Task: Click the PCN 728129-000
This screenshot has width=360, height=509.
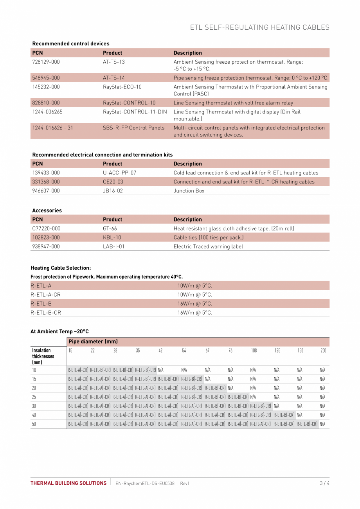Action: click(x=46, y=62)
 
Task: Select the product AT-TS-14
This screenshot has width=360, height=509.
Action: click(x=114, y=78)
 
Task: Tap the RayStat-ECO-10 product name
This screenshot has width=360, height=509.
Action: click(x=122, y=87)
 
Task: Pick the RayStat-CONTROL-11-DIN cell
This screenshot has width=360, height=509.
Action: click(x=135, y=112)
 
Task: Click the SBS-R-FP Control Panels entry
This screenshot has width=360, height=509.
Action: click(x=133, y=128)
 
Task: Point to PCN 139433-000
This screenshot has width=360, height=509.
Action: click(x=46, y=173)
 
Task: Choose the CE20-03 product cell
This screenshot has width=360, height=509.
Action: click(x=113, y=182)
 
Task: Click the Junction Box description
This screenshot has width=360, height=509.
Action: click(x=189, y=191)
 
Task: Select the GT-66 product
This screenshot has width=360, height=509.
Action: click(x=110, y=228)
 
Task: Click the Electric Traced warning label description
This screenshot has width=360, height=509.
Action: click(x=208, y=246)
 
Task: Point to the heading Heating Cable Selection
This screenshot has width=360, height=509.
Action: click(x=61, y=268)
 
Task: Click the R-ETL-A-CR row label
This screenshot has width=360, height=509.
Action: click(x=45, y=295)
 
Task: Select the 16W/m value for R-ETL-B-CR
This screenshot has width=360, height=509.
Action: click(x=194, y=313)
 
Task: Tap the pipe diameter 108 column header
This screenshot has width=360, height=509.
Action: click(x=254, y=351)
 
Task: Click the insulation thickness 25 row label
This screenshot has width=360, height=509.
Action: click(x=34, y=397)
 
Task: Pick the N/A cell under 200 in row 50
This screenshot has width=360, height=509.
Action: click(x=322, y=424)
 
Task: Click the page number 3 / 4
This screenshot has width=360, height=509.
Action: click(x=324, y=483)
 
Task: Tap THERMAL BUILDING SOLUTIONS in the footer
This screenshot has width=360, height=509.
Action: click(x=68, y=483)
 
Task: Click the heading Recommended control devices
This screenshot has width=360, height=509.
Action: click(x=71, y=43)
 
